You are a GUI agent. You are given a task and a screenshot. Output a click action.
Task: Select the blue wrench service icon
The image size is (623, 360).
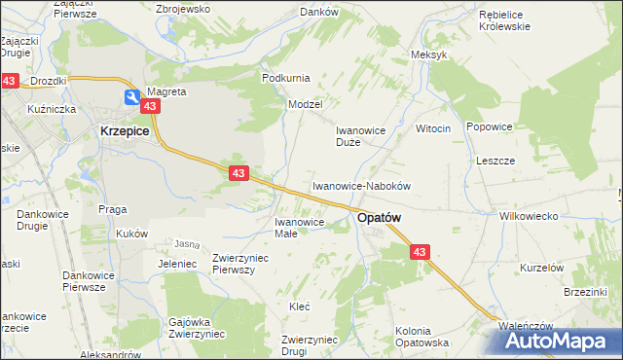[x=131, y=95]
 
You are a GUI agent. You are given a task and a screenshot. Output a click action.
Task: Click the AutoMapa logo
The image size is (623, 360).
[x=564, y=341]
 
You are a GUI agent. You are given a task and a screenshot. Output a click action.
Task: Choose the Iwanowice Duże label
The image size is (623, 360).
[x=362, y=135]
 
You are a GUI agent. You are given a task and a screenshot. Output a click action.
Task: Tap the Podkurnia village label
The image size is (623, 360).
[x=285, y=77]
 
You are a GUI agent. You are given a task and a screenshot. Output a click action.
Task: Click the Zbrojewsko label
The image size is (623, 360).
[x=183, y=8]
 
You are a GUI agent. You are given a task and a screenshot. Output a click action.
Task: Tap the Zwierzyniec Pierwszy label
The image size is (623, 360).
[x=240, y=263]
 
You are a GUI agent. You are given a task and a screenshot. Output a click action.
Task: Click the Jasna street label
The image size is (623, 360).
[x=186, y=243]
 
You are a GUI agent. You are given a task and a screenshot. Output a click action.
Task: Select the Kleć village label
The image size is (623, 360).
[x=299, y=306]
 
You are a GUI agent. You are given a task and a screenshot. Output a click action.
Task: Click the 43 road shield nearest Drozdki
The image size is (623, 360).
[x=10, y=83]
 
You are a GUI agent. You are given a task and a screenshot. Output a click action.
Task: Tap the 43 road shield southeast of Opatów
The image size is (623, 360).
[x=420, y=252]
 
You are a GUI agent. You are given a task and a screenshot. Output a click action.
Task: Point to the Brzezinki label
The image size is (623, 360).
[x=585, y=291]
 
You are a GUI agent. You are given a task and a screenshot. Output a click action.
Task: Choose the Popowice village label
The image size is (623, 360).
[x=489, y=126]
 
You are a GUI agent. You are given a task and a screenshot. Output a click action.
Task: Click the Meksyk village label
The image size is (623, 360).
[x=429, y=54]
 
